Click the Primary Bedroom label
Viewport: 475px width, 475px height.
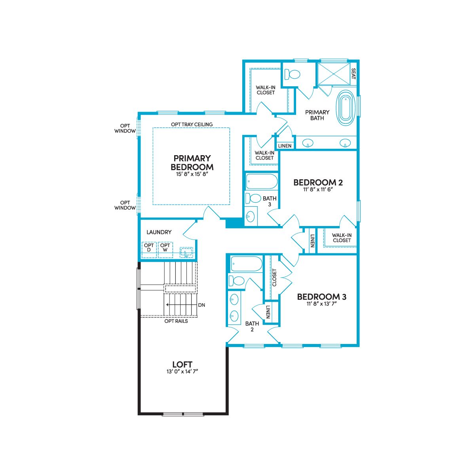click(192, 162)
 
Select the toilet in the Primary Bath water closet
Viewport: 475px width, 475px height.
click(293, 74)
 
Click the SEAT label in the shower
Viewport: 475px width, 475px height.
click(353, 74)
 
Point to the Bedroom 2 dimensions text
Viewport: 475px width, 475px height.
click(318, 190)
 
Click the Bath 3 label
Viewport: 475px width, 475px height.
click(270, 201)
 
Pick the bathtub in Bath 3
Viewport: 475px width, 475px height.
click(262, 181)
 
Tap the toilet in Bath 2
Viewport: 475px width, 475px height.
click(237, 281)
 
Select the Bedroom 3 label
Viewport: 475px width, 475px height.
click(322, 297)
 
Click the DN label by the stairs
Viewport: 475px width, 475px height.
click(201, 305)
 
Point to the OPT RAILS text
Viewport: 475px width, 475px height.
click(176, 321)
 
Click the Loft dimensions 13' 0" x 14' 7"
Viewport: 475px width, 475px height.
click(182, 371)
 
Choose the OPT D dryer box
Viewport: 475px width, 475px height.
click(149, 250)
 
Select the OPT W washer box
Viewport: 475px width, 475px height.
click(165, 250)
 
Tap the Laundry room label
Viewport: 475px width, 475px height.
click(159, 232)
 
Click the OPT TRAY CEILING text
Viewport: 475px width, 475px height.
click(192, 124)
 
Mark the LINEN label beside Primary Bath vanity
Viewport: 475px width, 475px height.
click(285, 146)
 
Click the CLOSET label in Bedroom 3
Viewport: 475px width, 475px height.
click(274, 277)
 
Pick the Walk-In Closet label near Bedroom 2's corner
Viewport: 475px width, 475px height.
click(342, 237)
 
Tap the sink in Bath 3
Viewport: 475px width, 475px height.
click(250, 217)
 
